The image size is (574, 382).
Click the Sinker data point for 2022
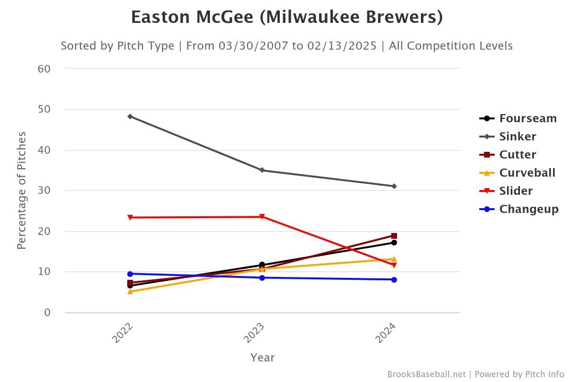pyautogui.click(x=130, y=116)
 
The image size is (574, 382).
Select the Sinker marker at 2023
pyautogui.click(x=262, y=170)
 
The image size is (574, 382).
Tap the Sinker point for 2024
pyautogui.click(x=394, y=186)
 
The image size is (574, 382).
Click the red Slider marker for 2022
pyautogui.click(x=130, y=217)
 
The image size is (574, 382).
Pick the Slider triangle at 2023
pyautogui.click(x=262, y=217)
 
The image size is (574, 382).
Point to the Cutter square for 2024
pyautogui.click(x=394, y=236)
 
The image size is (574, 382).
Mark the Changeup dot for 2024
pyautogui.click(x=394, y=280)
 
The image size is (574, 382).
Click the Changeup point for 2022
pyautogui.click(x=130, y=274)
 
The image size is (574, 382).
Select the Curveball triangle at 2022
pyautogui.click(x=130, y=291)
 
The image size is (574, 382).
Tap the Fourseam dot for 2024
pyautogui.click(x=394, y=243)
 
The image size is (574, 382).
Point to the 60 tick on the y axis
pyautogui.click(x=44, y=69)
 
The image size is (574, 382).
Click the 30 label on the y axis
pyautogui.click(x=44, y=191)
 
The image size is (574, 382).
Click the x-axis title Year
pyautogui.click(x=263, y=358)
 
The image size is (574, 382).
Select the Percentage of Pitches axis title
pyautogui.click(x=22, y=191)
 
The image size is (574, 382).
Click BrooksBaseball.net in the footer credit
pyautogui.click(x=426, y=374)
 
